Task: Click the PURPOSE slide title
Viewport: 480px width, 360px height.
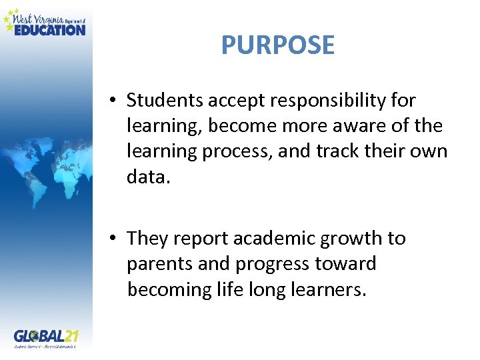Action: click(x=277, y=45)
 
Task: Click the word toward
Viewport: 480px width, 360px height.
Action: click(x=347, y=264)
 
